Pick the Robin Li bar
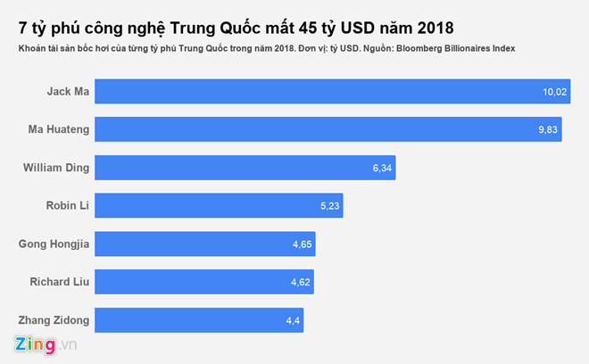pyautogui.click(x=219, y=205)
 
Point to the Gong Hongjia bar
pyautogui.click(x=204, y=244)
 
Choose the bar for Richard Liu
pyautogui.click(x=203, y=282)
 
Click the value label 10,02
pyautogui.click(x=552, y=91)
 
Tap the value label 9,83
pyautogui.click(x=547, y=129)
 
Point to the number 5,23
pyautogui.click(x=328, y=205)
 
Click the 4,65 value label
pyautogui.click(x=300, y=244)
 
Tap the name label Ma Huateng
pyautogui.click(x=57, y=129)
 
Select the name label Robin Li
pyautogui.click(x=65, y=205)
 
